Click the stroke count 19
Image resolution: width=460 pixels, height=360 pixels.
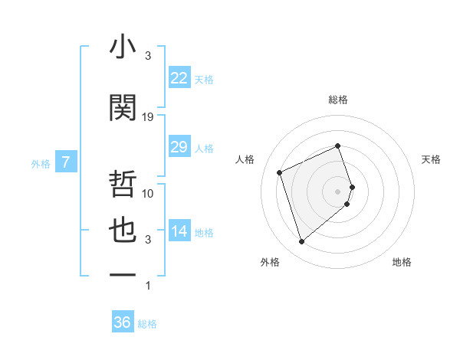pyautogui.click(x=148, y=116)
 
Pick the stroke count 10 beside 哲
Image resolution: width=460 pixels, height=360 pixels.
pyautogui.click(x=148, y=193)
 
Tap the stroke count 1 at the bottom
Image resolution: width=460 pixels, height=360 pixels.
pyautogui.click(x=148, y=286)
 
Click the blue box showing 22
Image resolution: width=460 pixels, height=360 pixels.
pyautogui.click(x=179, y=78)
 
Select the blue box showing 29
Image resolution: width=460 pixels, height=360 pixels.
pyautogui.click(x=179, y=147)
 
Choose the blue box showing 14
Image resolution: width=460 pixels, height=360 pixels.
pyautogui.click(x=179, y=231)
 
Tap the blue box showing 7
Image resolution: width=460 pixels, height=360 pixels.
pyautogui.click(x=66, y=162)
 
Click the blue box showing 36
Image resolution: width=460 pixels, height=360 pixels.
pyautogui.click(x=122, y=322)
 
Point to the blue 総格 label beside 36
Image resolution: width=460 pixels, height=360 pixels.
pyautogui.click(x=147, y=324)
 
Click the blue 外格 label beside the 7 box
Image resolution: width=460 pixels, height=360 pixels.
pyautogui.click(x=41, y=163)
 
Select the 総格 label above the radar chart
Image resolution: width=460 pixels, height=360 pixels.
pyautogui.click(x=338, y=100)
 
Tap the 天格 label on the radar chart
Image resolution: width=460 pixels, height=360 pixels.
pyautogui.click(x=431, y=159)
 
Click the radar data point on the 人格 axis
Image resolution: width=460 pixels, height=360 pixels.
pyautogui.click(x=280, y=172)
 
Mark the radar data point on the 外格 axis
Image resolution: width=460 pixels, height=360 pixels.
pyautogui.click(x=301, y=242)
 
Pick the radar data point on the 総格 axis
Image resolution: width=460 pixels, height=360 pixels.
pyautogui.click(x=338, y=146)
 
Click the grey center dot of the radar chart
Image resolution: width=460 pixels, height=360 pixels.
pyautogui.click(x=338, y=191)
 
